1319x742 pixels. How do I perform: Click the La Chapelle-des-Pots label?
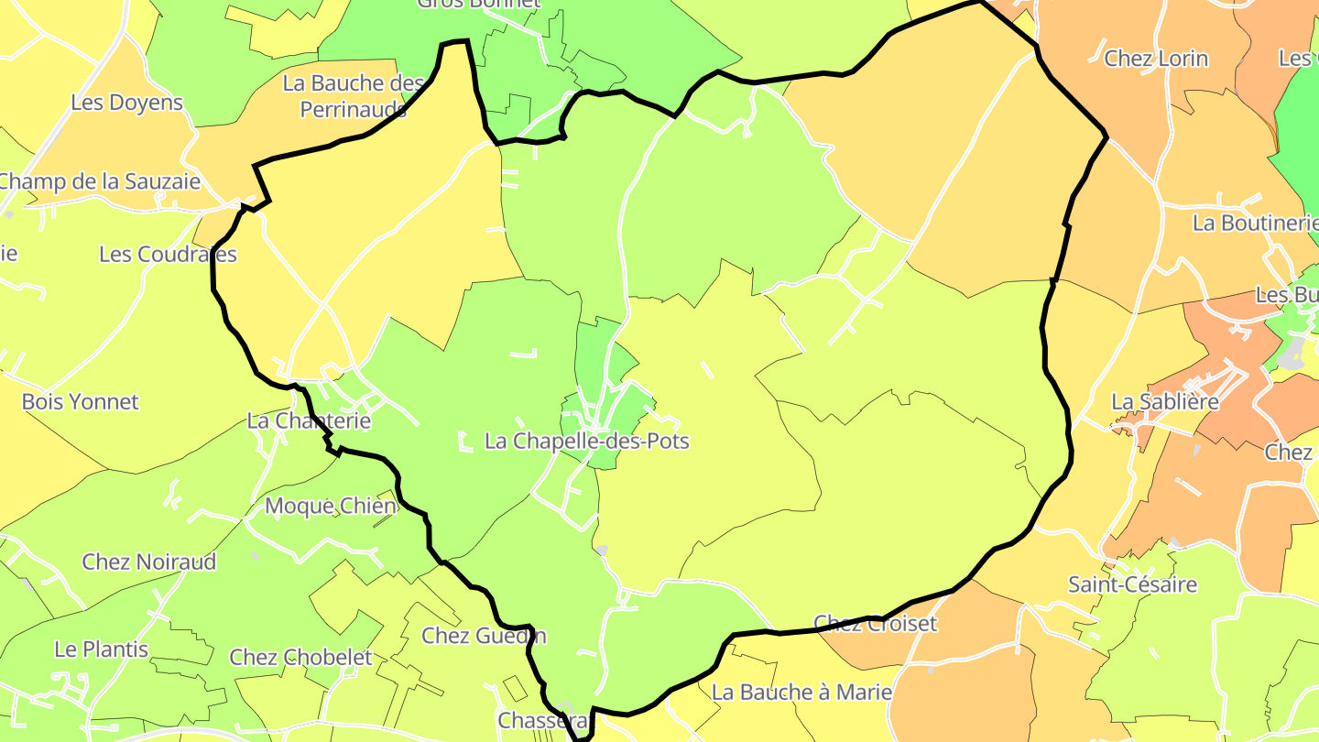(x=586, y=441)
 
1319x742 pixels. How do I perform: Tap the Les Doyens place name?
(x=127, y=103)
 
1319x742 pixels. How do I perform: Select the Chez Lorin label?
(x=1156, y=59)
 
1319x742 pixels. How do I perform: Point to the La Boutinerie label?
(x=1255, y=223)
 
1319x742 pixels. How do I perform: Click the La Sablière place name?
(x=1165, y=401)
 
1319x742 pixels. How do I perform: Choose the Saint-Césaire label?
(x=1132, y=584)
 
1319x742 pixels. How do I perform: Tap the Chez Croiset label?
(x=876, y=624)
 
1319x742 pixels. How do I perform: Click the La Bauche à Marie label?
(x=801, y=692)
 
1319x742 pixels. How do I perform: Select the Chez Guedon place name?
(x=484, y=635)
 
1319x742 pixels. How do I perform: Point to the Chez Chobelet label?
(x=300, y=657)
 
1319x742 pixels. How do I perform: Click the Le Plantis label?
(x=101, y=649)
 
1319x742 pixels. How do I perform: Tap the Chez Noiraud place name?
(x=149, y=562)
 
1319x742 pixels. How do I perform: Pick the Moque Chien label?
(x=331, y=506)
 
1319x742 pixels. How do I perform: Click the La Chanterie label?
(x=309, y=420)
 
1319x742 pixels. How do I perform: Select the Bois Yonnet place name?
(x=81, y=401)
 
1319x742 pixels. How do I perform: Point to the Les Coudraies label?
(x=168, y=254)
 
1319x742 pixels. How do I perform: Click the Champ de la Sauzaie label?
(x=99, y=181)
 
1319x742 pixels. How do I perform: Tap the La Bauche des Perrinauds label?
(x=354, y=96)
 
